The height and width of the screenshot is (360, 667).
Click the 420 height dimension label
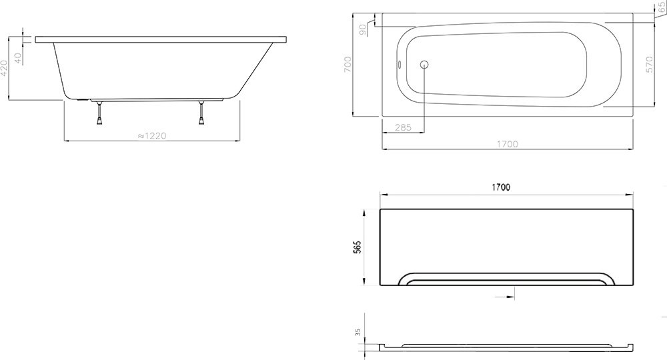click(x=4, y=68)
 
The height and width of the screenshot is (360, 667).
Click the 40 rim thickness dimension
click(x=18, y=58)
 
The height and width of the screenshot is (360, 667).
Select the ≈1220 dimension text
click(x=152, y=135)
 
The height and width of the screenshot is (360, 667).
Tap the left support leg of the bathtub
click(x=99, y=113)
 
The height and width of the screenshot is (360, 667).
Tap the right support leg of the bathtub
click(x=201, y=113)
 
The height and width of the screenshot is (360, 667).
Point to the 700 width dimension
click(x=348, y=64)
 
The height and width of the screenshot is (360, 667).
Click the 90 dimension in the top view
click(x=362, y=29)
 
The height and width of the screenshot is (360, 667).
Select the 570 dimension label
click(x=649, y=65)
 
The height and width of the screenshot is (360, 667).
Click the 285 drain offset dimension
click(x=404, y=127)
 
